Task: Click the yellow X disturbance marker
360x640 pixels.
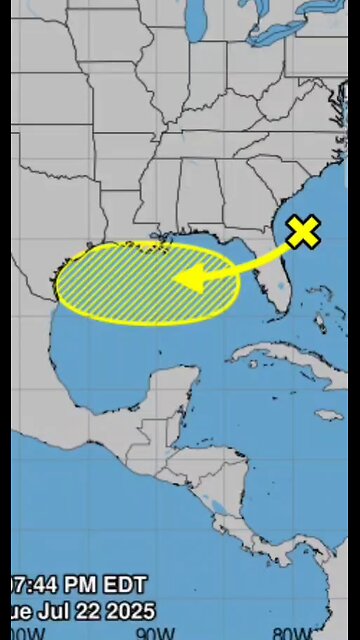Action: click(x=303, y=232)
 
